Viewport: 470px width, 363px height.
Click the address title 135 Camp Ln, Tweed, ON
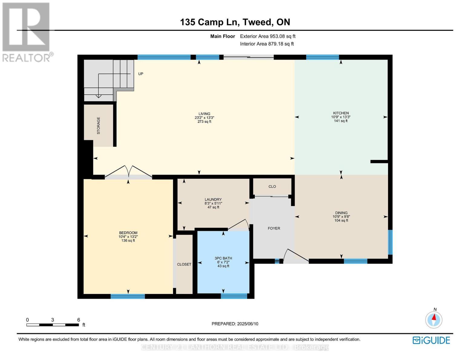click(x=235, y=22)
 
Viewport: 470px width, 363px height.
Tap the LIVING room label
click(x=204, y=114)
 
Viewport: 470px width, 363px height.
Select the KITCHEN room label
click(x=341, y=113)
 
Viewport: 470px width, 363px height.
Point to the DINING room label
click(x=341, y=213)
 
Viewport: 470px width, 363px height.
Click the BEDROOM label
click(x=128, y=233)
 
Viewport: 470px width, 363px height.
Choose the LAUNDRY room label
click(x=213, y=199)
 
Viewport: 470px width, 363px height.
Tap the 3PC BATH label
click(x=223, y=258)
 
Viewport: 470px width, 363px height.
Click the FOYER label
click(x=274, y=228)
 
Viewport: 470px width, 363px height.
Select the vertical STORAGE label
click(x=98, y=126)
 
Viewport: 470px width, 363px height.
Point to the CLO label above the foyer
click(x=272, y=187)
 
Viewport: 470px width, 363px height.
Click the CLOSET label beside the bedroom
click(x=184, y=264)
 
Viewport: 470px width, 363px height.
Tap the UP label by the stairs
click(x=141, y=74)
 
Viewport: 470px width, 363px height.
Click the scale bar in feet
click(x=53, y=325)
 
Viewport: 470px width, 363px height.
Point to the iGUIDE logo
click(x=431, y=340)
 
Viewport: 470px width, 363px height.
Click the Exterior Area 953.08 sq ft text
click(x=268, y=36)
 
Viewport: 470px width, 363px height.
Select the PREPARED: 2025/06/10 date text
click(x=235, y=324)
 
